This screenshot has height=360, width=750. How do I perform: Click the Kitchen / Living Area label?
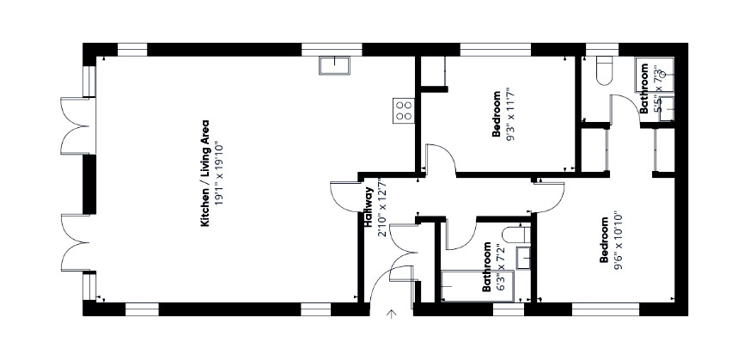click(205, 173)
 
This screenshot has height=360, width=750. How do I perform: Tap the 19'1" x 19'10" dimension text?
click(218, 173)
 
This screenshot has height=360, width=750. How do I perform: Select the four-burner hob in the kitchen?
click(404, 111)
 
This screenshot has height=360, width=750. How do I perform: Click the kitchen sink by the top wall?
click(334, 65)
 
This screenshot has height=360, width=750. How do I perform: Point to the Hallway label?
click(369, 206)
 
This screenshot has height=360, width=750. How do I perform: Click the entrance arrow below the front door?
click(392, 314)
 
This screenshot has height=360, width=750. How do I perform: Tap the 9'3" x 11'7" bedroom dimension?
click(509, 113)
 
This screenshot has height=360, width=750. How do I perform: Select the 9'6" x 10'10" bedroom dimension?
click(618, 240)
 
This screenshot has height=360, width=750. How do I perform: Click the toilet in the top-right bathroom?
click(605, 70)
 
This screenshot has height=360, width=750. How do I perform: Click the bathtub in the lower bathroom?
click(477, 286)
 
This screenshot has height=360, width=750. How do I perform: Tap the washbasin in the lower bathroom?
click(523, 258)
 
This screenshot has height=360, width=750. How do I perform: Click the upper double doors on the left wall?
click(76, 125)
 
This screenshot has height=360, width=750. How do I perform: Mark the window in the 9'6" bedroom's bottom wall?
click(606, 308)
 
